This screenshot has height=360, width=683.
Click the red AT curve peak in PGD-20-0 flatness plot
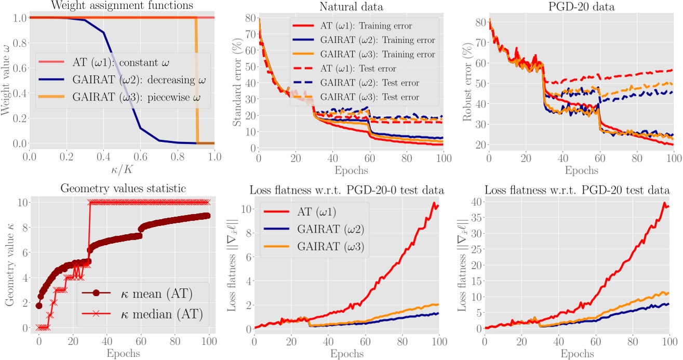pyautogui.click(x=435, y=203)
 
